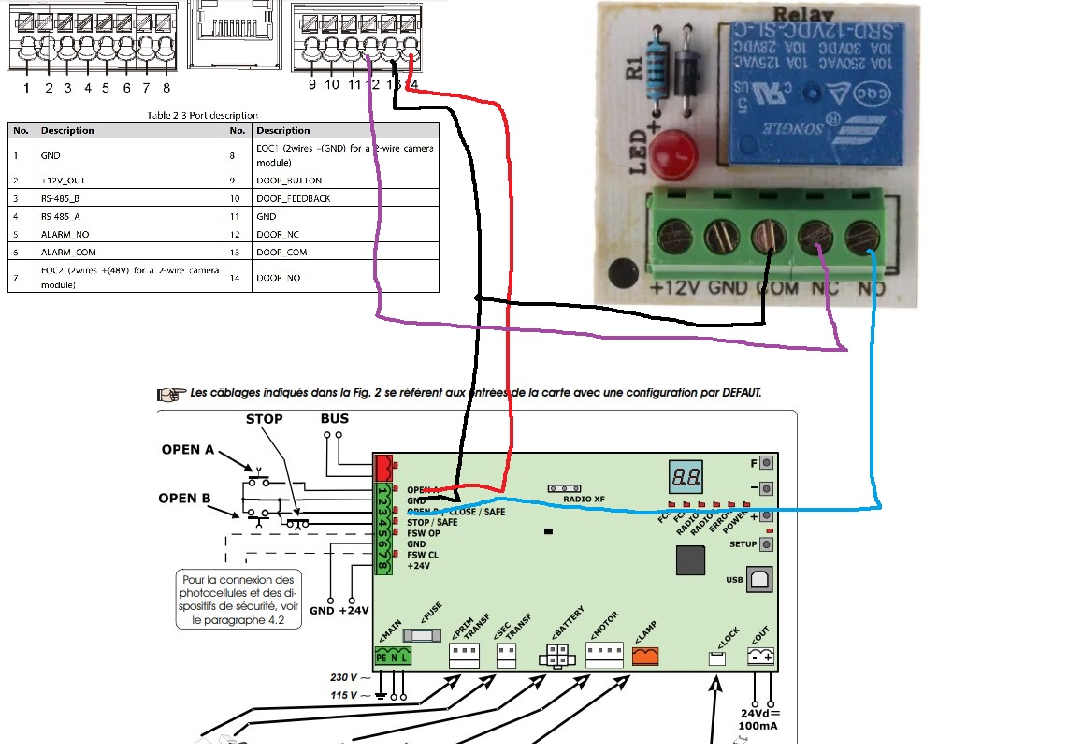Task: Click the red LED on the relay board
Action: point(665,155)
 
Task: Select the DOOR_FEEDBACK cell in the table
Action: point(292,198)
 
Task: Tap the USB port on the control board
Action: point(758,580)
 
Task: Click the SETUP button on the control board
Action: point(767,544)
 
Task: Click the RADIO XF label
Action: point(585,499)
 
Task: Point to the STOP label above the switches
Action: point(264,418)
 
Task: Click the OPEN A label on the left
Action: point(194,450)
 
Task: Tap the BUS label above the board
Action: point(334,418)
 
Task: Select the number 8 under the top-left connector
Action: point(166,88)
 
